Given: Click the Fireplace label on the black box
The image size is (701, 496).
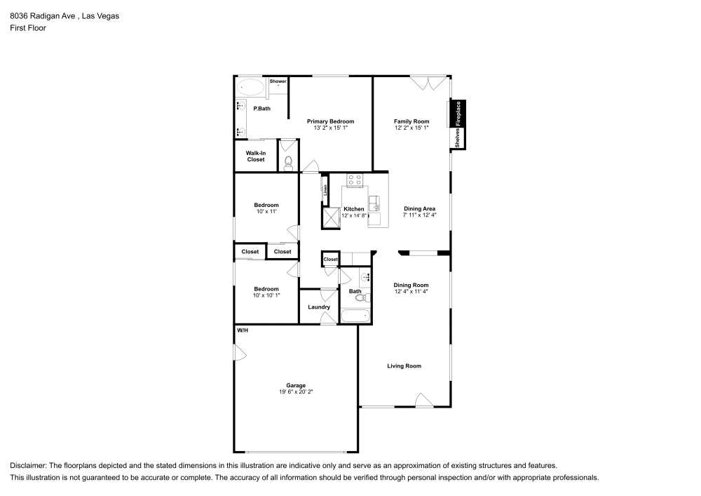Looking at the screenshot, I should [x=458, y=113].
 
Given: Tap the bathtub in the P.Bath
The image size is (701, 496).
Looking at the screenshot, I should [x=250, y=88].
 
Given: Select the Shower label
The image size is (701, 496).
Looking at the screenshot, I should [x=278, y=81].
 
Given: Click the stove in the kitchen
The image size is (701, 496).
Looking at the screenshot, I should [x=354, y=181].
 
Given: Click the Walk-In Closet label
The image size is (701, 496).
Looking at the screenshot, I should [x=256, y=156].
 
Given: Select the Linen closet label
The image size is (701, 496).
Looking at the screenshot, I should [x=325, y=188].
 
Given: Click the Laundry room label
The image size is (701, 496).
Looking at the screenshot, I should [x=319, y=307].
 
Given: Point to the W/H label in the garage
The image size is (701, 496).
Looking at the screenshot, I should [x=243, y=330].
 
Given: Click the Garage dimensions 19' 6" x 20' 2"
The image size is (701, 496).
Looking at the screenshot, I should [x=295, y=392].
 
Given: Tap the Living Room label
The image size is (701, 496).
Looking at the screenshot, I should [x=404, y=366].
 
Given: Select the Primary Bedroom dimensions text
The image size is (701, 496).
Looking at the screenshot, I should [x=330, y=128].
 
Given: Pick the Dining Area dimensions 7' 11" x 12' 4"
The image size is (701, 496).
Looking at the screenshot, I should [x=419, y=215].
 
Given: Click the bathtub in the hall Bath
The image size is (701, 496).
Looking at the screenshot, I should [x=354, y=316].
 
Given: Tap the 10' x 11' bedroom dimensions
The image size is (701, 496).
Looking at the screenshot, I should [x=266, y=211].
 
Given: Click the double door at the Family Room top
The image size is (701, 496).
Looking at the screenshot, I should [x=426, y=83].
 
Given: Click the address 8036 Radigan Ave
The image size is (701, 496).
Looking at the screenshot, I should [x=44, y=15].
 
